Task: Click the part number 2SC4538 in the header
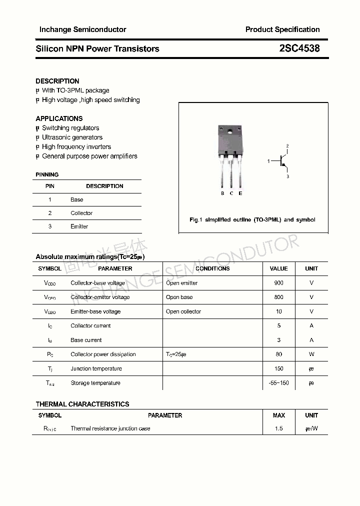coord(299,48)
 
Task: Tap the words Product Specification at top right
coord(282,29)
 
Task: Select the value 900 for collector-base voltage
coord(278,283)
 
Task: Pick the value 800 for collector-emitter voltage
coord(278,297)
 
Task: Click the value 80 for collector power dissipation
coord(278,354)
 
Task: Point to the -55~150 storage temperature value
coord(278,383)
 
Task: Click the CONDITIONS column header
coord(212,268)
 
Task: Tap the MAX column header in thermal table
coord(278,415)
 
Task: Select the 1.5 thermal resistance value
coord(278,428)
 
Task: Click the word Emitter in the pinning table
coord(79,226)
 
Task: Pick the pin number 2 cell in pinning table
coord(50,213)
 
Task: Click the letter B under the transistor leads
coord(222,193)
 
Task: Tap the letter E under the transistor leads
coord(240,193)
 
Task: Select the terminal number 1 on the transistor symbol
coord(268,161)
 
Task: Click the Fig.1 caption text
coord(252,220)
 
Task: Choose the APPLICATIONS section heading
coord(59,118)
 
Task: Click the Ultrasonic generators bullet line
coord(72,137)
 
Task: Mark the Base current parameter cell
coord(86,340)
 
